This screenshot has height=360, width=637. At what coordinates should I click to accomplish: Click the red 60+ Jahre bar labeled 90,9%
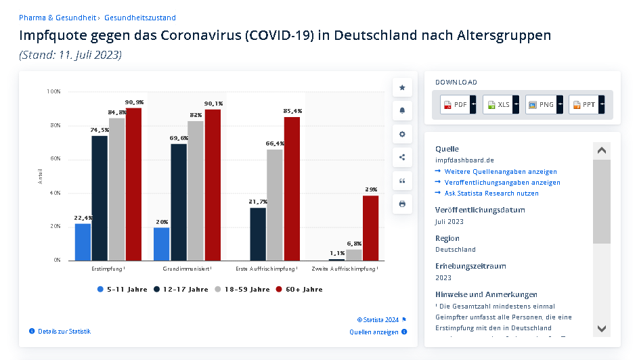134,184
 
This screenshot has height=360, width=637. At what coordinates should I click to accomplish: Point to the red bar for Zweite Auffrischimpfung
370,228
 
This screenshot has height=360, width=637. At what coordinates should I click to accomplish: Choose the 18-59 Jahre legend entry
242,290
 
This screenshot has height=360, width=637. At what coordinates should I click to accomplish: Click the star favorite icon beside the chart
402,87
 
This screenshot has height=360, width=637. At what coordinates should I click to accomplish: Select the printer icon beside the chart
402,204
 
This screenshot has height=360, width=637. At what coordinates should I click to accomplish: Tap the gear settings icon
402,134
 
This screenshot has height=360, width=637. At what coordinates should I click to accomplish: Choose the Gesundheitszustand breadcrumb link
139,18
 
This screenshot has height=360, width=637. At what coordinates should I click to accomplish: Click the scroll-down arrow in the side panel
601,328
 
